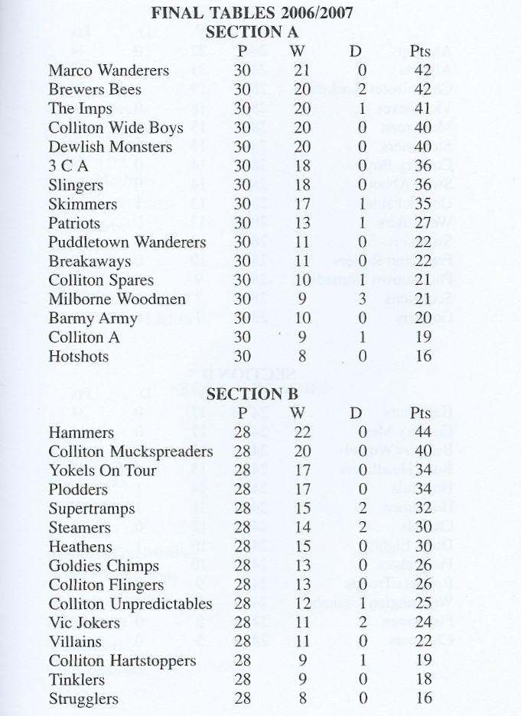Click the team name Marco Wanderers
[109, 70]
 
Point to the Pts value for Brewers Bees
[422, 89]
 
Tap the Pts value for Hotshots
[422, 356]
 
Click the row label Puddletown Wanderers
[127, 242]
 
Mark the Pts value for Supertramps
[422, 509]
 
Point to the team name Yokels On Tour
[103, 471]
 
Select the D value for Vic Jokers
[363, 623]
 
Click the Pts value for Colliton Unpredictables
[422, 604]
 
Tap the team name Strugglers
[83, 698]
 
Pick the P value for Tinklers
[243, 679]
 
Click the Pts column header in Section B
[421, 413]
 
